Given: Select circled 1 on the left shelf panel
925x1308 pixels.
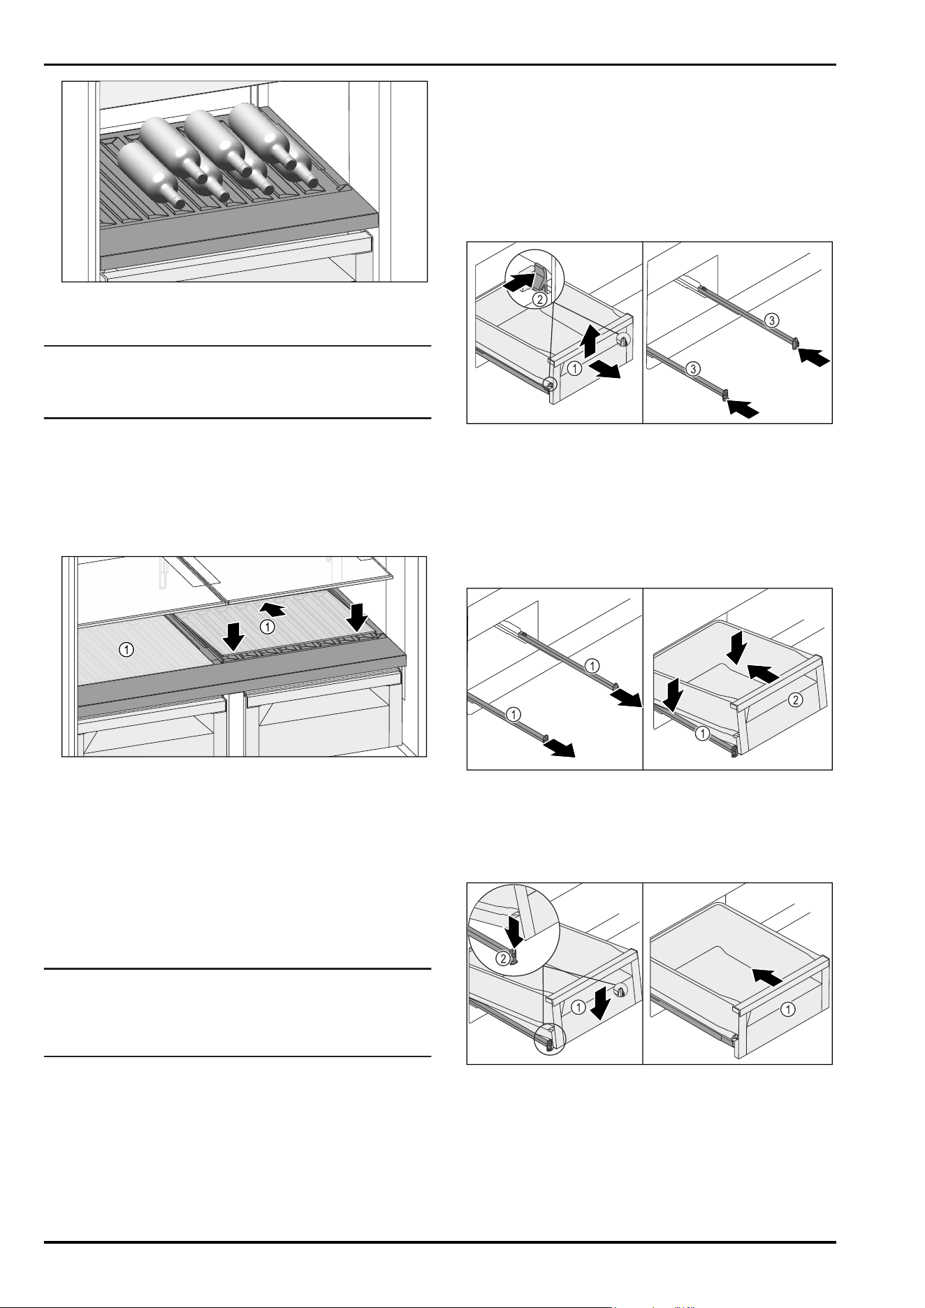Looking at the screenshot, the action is [x=126, y=650].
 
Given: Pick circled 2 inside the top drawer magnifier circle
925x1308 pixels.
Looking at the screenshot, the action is [x=538, y=300].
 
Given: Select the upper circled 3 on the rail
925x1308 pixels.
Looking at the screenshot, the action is [x=770, y=321].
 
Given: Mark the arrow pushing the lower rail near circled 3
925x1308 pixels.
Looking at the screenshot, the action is [x=741, y=409].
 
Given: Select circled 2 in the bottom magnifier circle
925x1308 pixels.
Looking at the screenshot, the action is [x=501, y=959].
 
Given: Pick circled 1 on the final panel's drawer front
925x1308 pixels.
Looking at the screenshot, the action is [x=788, y=1009].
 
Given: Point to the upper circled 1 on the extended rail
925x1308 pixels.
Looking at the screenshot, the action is [x=591, y=665].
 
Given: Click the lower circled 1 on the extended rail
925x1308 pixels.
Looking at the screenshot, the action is [x=513, y=714].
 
